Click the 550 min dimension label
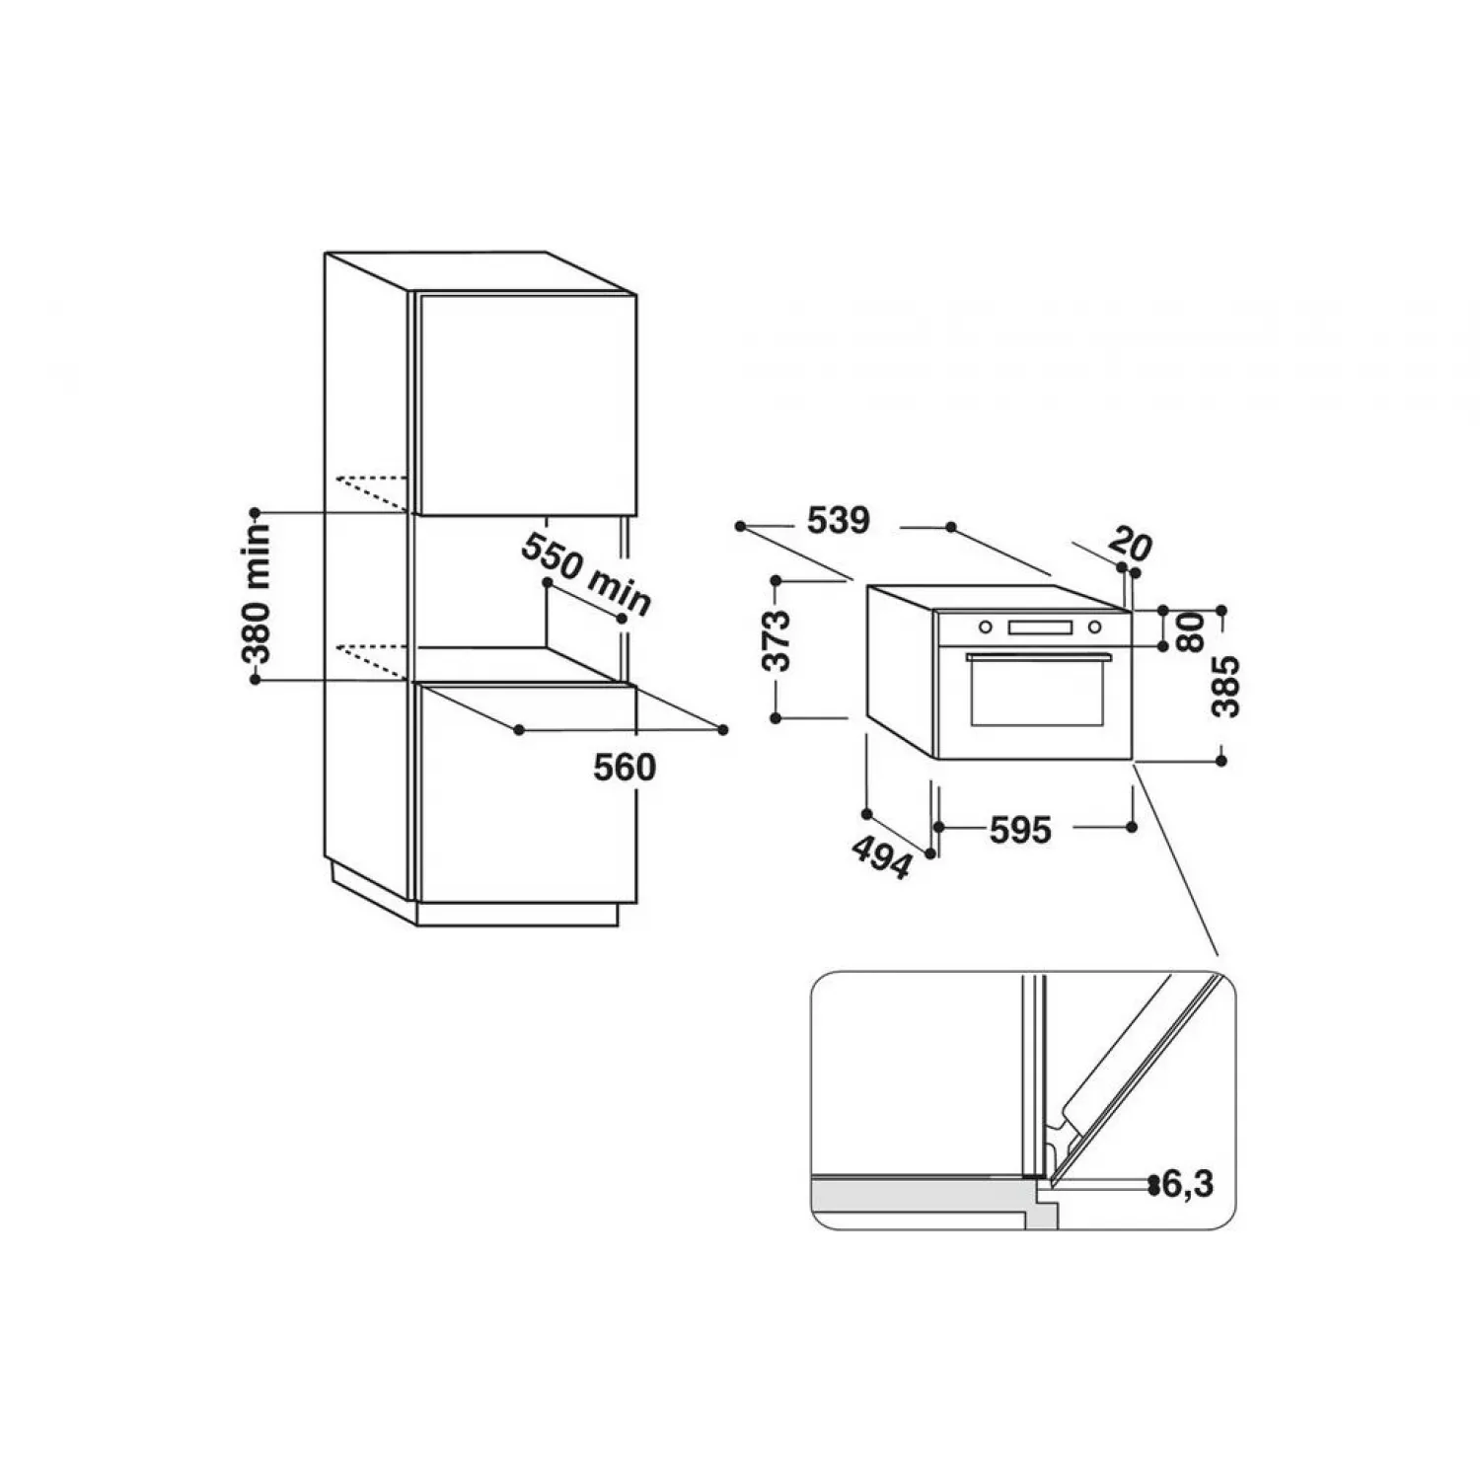coord(586,574)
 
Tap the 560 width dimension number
coord(625,767)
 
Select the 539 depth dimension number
coord(839,520)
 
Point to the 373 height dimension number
coord(778,640)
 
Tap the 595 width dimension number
coord(1020,830)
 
